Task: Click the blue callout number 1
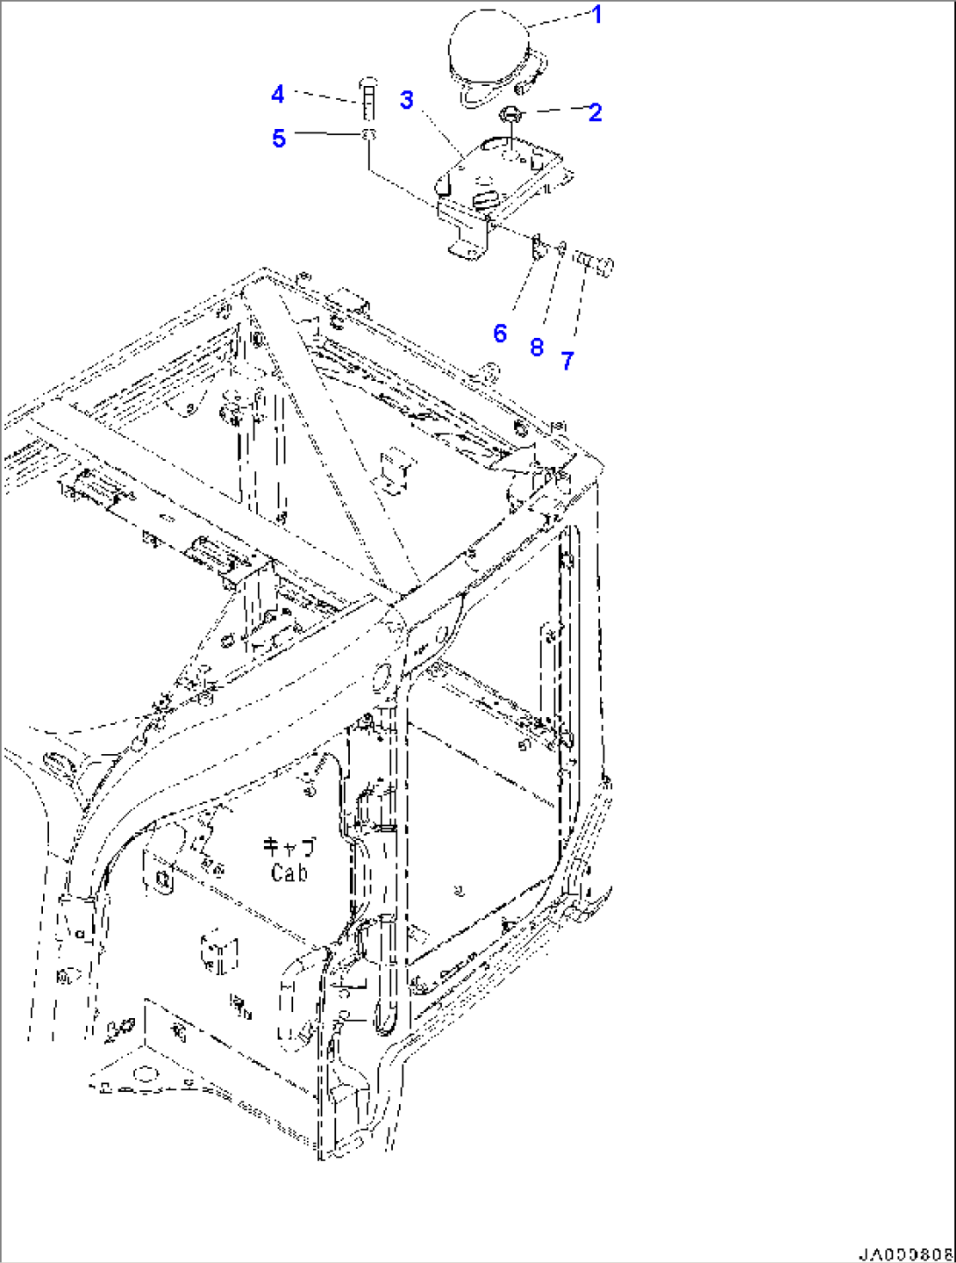click(596, 15)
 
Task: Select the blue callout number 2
click(595, 112)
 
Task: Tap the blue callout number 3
click(406, 99)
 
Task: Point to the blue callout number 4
click(278, 94)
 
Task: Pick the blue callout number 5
click(279, 138)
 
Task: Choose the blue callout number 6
click(500, 334)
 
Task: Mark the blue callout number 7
click(567, 362)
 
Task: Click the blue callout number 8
click(537, 348)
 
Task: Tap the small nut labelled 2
click(510, 115)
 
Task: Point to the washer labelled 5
click(369, 134)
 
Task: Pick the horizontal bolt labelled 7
click(595, 264)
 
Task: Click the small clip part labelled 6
click(538, 248)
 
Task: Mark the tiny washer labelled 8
click(561, 248)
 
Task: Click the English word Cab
click(289, 873)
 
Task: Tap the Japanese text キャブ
click(289, 848)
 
